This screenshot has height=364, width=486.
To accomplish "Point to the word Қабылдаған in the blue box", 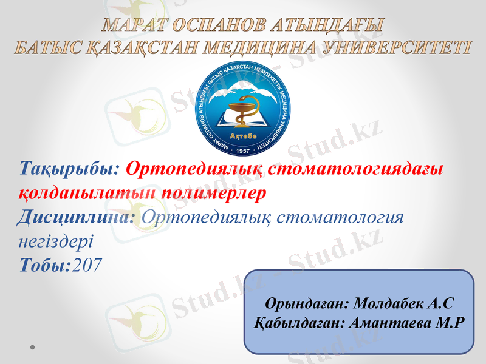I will pos(300,322).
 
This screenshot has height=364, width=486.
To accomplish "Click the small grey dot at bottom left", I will pos(31,348).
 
